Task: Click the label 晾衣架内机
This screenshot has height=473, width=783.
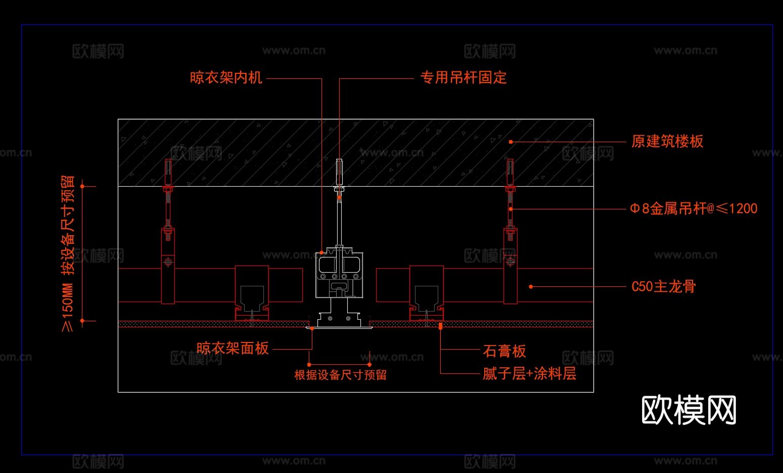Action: pos(226,77)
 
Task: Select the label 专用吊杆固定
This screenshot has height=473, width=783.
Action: pos(463,77)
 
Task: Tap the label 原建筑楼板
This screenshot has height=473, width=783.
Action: pos(667,141)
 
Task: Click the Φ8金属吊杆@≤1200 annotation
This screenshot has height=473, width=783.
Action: pos(694,208)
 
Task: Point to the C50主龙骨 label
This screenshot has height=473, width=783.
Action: pos(664,286)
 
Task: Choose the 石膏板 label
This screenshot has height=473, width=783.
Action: pos(504,351)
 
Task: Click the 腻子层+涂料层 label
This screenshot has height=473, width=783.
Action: pos(529,374)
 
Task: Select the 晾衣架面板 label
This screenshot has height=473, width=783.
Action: pos(233,348)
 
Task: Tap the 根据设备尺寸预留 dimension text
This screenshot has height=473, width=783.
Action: pos(340,375)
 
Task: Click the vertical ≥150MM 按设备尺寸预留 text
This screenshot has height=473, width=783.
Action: pos(68,253)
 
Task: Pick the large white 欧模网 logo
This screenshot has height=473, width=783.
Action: pos(688,410)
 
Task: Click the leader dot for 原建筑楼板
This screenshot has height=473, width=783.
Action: pos(511,142)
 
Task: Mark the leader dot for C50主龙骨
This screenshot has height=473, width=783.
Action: pos(531,287)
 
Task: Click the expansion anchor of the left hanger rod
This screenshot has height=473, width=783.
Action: pos(168,172)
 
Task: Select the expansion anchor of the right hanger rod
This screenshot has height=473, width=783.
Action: pos(510,172)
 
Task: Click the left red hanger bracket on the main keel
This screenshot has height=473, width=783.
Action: pos(168,266)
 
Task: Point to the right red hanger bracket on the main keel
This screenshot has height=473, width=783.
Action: pos(510,266)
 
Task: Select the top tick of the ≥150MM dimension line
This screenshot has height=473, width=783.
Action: pos(82,186)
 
